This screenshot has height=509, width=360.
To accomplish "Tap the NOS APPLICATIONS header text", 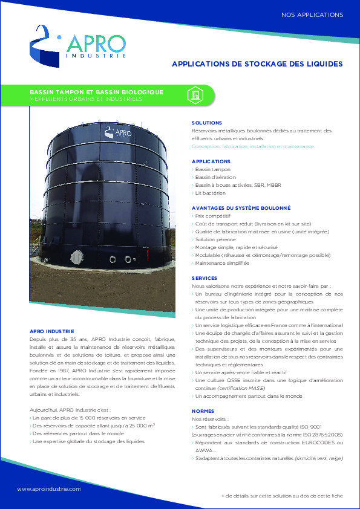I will point(312,15).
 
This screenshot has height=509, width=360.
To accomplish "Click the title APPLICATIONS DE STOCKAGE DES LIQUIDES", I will point(258,63).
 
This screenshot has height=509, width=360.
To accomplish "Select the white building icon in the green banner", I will point(194,95).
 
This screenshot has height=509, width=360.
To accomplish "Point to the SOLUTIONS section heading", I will point(207,123).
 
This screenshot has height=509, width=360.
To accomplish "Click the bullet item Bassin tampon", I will point(208,170).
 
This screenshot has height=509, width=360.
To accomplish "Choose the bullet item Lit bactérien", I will point(210,193).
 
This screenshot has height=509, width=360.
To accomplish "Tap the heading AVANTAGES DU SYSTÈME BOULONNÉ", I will point(241,207).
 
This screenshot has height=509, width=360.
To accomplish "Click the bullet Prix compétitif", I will point(212,215).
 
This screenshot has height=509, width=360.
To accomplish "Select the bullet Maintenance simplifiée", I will point(223,263).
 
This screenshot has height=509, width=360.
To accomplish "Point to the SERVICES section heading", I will point(205,277).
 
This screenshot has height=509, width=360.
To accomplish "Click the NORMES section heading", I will point(203,410).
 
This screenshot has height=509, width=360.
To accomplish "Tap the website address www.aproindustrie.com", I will point(48,489).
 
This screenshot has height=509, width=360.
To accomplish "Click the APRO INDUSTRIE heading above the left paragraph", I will point(52,331).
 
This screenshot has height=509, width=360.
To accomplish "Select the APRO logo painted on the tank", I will point(117,132).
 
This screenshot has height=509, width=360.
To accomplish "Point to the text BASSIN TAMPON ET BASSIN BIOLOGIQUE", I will point(96,92).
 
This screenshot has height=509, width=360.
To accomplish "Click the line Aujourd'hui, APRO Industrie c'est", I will point(70,410).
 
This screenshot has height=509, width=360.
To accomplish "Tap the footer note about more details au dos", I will point(283,496).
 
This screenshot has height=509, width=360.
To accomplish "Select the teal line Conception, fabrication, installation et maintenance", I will point(253,146).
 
